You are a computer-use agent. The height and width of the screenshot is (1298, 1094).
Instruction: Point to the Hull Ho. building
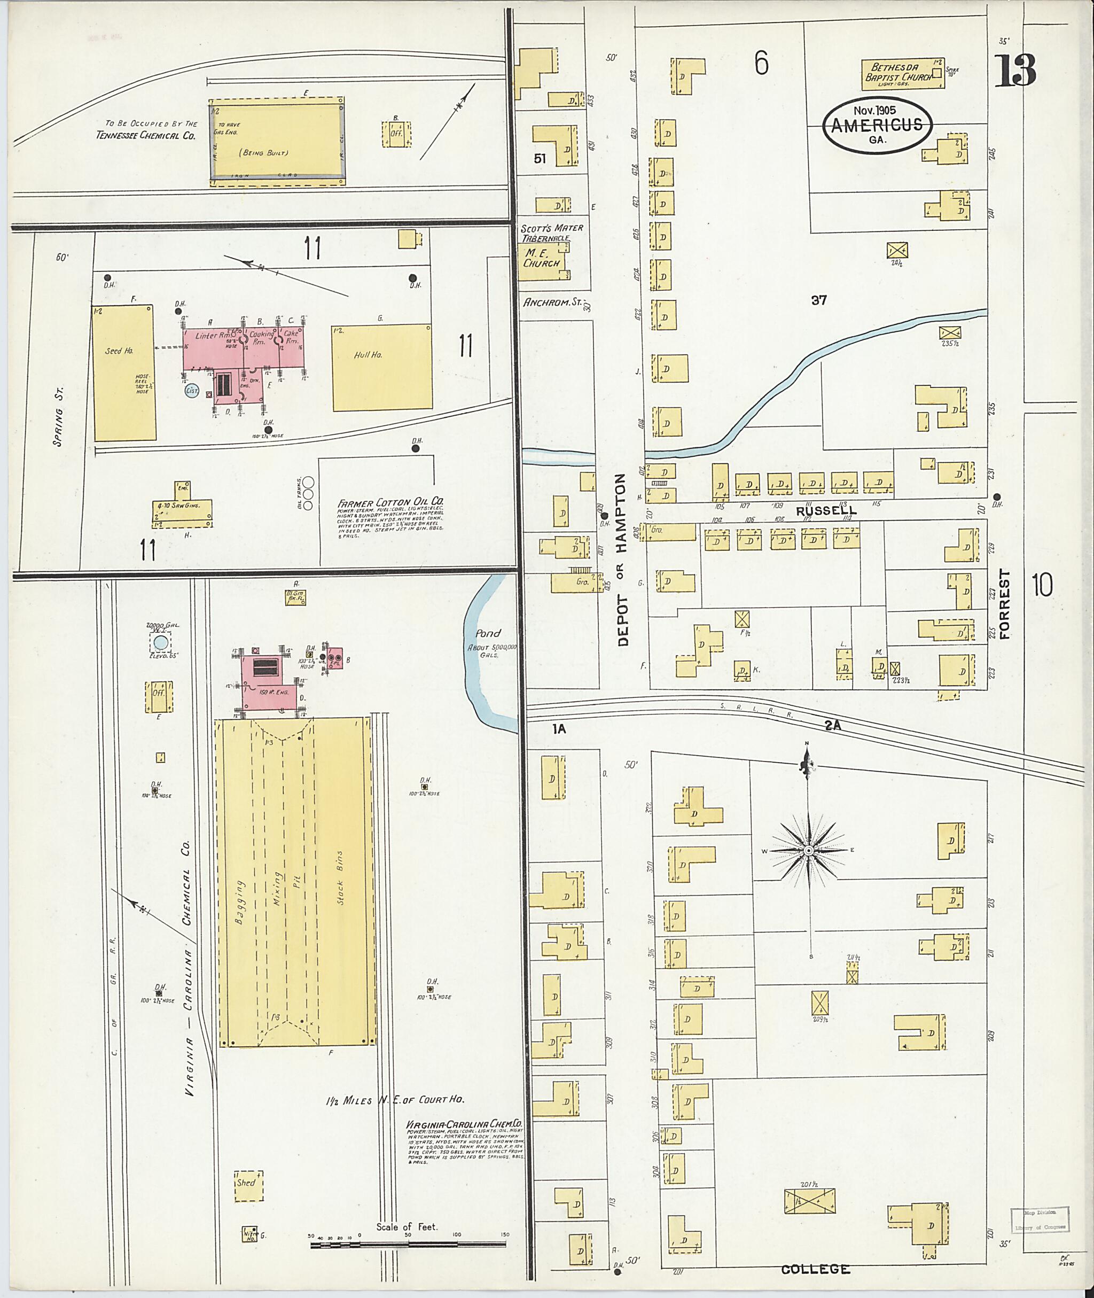coord(381,367)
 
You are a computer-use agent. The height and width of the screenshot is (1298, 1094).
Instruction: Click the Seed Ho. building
coord(124,373)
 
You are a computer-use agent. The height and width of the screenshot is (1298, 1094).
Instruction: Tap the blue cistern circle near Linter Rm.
coord(192,390)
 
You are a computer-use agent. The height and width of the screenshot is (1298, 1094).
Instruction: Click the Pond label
coord(488,633)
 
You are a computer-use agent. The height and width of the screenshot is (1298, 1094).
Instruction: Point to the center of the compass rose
coord(808,850)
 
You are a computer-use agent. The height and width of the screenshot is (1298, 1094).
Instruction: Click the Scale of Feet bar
coord(408,1243)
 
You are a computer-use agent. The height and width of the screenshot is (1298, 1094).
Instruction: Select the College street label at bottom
coord(815,1269)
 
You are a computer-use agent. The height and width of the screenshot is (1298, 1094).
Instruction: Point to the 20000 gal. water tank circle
coord(161,642)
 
